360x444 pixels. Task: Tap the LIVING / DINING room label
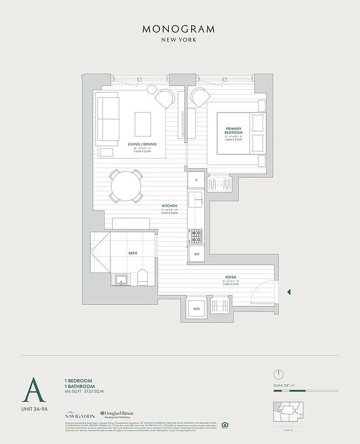click(x=142, y=144)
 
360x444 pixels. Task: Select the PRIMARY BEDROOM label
click(x=233, y=131)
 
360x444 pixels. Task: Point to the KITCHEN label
click(x=169, y=205)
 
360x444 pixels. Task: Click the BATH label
click(x=133, y=253)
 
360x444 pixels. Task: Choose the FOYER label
click(x=231, y=277)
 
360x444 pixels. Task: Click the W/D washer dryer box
click(x=196, y=309)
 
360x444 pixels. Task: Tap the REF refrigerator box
click(x=197, y=254)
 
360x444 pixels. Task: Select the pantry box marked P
click(x=196, y=180)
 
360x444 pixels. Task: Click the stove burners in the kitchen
click(x=197, y=236)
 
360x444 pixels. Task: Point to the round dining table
click(x=126, y=185)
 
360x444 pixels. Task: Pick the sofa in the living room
click(x=107, y=119)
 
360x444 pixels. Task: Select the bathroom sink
click(x=121, y=278)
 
